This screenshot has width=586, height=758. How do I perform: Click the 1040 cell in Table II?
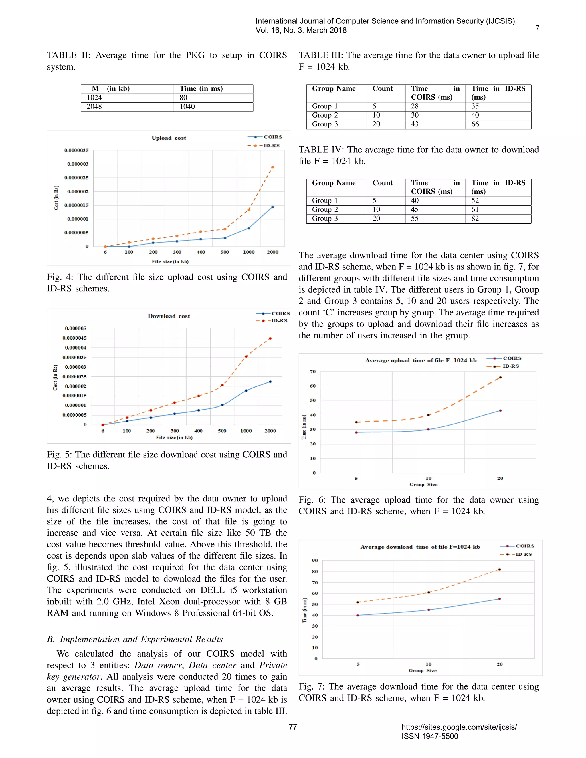pyautogui.click(x=187, y=107)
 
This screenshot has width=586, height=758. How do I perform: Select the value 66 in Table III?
pyautogui.click(x=475, y=124)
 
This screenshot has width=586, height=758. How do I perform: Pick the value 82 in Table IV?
pyautogui.click(x=475, y=219)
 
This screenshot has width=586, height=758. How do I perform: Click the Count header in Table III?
pyautogui.click(x=382, y=88)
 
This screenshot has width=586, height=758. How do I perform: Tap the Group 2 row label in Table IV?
pyautogui.click(x=325, y=210)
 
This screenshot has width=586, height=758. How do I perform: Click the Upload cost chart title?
pyautogui.click(x=169, y=138)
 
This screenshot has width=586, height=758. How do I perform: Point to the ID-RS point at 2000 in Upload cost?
pyautogui.click(x=272, y=167)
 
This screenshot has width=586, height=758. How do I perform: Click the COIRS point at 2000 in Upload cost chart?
pyautogui.click(x=272, y=207)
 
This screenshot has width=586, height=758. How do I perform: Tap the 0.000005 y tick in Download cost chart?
pyautogui.click(x=75, y=328)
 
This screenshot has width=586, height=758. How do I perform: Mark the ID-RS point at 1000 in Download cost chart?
pyautogui.click(x=246, y=356)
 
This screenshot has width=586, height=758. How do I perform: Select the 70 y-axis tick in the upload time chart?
pyautogui.click(x=313, y=372)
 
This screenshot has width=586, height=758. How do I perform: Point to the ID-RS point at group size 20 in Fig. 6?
pyautogui.click(x=500, y=377)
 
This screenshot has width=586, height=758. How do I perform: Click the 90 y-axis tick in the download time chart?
pyautogui.click(x=314, y=561)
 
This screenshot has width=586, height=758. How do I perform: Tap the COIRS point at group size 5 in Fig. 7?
pyautogui.click(x=358, y=615)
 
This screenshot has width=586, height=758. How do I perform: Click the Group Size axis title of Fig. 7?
pyautogui.click(x=423, y=670)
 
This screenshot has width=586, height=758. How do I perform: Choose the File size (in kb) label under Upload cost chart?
pyautogui.click(x=170, y=261)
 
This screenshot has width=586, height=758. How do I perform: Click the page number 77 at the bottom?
pyautogui.click(x=293, y=727)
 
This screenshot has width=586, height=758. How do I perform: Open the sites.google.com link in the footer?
pyautogui.click(x=459, y=727)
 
